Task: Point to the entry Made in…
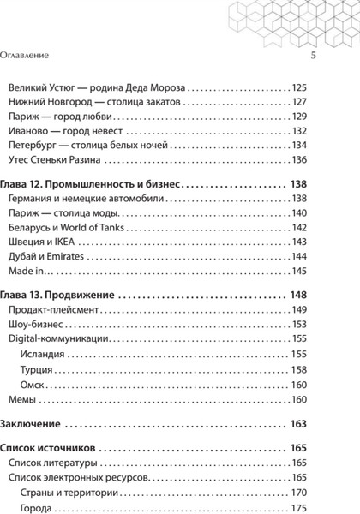pyautogui.click(x=30, y=271)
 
